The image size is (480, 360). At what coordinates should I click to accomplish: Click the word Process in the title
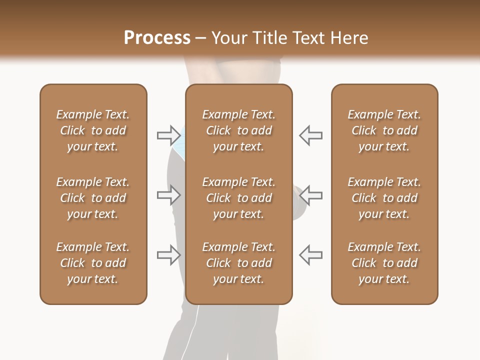coord(157,38)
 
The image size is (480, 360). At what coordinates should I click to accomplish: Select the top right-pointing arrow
coord(169,135)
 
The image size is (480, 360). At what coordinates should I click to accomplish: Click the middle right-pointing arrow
coord(169,195)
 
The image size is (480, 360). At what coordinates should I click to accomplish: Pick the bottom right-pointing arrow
coord(169,254)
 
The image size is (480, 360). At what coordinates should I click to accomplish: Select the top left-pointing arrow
coord(310,135)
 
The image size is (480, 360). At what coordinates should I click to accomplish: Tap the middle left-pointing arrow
coord(310,195)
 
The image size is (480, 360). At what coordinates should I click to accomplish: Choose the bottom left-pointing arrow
coord(310,254)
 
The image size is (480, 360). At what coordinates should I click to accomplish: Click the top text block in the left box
coord(93,130)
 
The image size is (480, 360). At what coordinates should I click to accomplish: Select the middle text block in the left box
coord(93,198)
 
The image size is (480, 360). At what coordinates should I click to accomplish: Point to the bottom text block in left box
coord(93,263)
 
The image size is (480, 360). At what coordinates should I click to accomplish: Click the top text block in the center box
coord(238,130)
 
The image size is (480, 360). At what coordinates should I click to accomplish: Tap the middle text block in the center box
coord(238,198)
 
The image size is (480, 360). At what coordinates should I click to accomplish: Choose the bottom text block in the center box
coord(238,263)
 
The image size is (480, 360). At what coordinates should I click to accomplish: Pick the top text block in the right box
coord(384,130)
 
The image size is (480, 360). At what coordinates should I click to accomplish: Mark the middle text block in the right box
coord(384,198)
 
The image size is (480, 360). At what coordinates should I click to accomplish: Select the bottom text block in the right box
coord(384,263)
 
